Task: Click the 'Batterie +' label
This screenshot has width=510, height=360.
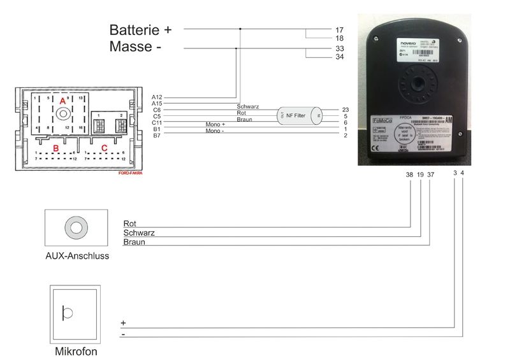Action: (x=140, y=29)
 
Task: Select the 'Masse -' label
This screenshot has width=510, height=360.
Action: (x=135, y=47)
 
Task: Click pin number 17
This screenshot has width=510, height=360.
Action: (x=339, y=29)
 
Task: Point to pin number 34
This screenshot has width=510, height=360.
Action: (x=339, y=57)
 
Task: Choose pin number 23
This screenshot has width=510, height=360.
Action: (x=345, y=110)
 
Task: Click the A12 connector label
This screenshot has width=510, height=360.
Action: (x=157, y=97)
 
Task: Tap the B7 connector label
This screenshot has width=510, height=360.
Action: (x=157, y=136)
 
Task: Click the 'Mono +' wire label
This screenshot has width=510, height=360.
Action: (x=216, y=124)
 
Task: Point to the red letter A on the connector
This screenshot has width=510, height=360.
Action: (x=62, y=101)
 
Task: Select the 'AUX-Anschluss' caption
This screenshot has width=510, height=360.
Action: (x=77, y=256)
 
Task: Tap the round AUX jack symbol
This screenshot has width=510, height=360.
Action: (x=76, y=227)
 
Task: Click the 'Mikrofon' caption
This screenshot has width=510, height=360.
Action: (x=76, y=350)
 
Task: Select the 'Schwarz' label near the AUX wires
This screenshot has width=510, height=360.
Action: (x=139, y=233)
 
